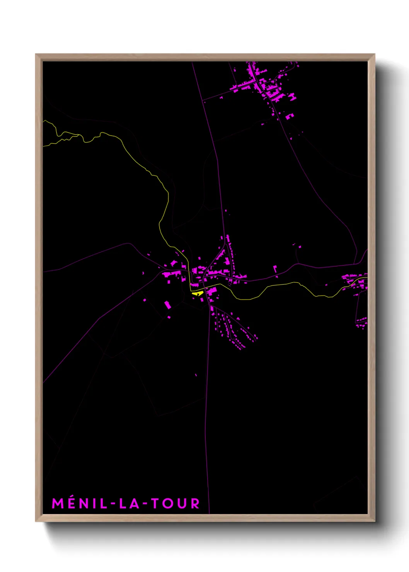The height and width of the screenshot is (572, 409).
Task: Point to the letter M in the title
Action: pos(58,503)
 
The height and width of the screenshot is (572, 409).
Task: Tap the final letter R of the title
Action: pos(195,503)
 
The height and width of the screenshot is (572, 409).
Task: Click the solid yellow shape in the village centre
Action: pos(197,294)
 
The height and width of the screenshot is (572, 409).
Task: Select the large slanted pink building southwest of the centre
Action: pos(167,305)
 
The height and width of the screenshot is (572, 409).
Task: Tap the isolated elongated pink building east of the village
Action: pos(275,269)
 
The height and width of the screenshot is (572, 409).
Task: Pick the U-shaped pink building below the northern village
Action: pos(289,116)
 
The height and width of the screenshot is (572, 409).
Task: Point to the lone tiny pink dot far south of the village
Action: pos(196,375)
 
